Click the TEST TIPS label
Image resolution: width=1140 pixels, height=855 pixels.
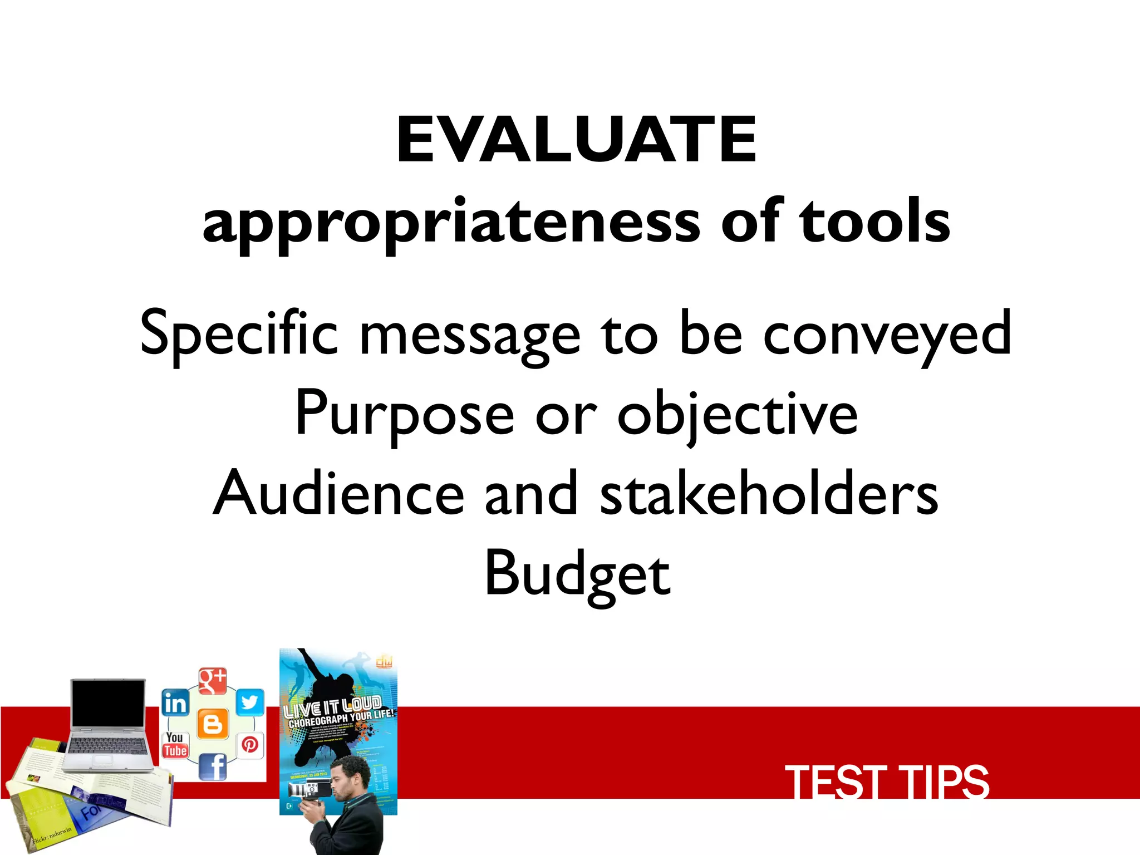click(887, 782)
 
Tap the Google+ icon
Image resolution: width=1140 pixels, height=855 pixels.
click(213, 681)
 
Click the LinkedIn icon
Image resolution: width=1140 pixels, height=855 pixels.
click(175, 703)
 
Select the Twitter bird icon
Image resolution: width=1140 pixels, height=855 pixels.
click(250, 702)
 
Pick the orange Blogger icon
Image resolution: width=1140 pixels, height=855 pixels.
click(213, 724)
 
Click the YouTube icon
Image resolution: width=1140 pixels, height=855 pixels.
click(175, 745)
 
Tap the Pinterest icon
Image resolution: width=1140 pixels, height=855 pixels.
click(250, 745)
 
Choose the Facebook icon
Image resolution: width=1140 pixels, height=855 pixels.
click(213, 767)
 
